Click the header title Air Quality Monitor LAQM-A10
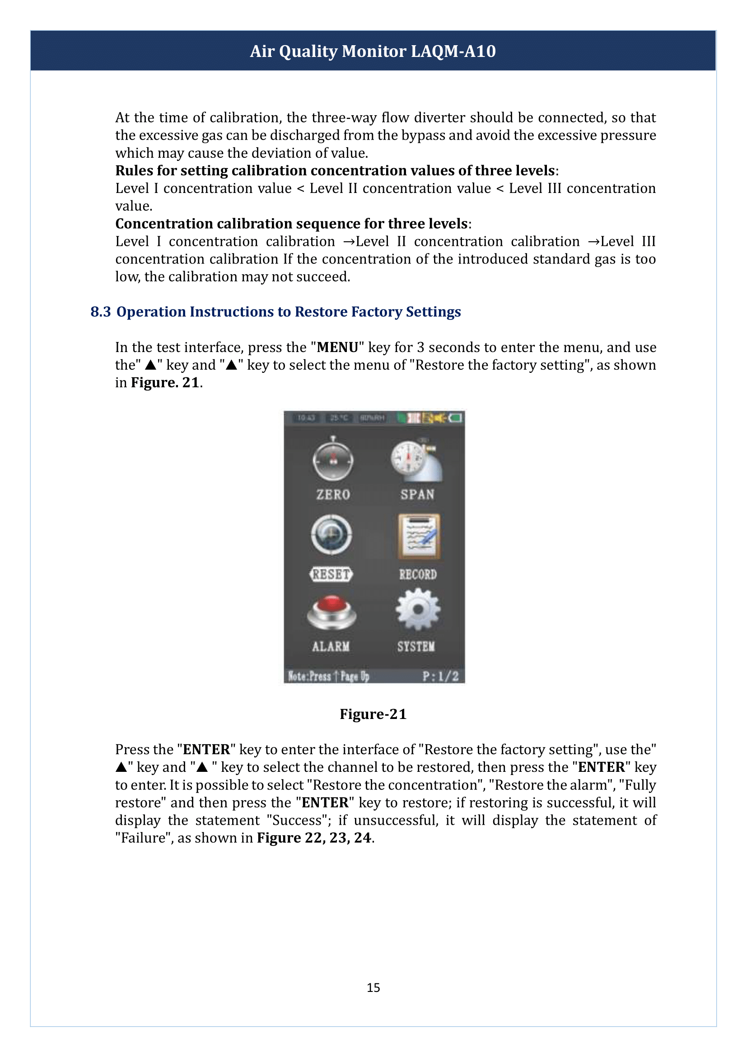[373, 51]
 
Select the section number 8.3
[100, 312]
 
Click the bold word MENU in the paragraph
[337, 347]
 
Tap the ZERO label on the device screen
[333, 494]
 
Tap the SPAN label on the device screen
[417, 494]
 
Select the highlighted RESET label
[331, 574]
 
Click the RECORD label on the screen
[418, 574]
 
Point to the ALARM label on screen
[331, 646]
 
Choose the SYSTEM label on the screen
[416, 646]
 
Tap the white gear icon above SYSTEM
[418, 609]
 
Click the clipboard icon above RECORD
[419, 536]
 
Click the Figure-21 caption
[373, 714]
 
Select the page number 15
[373, 987]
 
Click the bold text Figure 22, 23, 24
[314, 838]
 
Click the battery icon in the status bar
[456, 418]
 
